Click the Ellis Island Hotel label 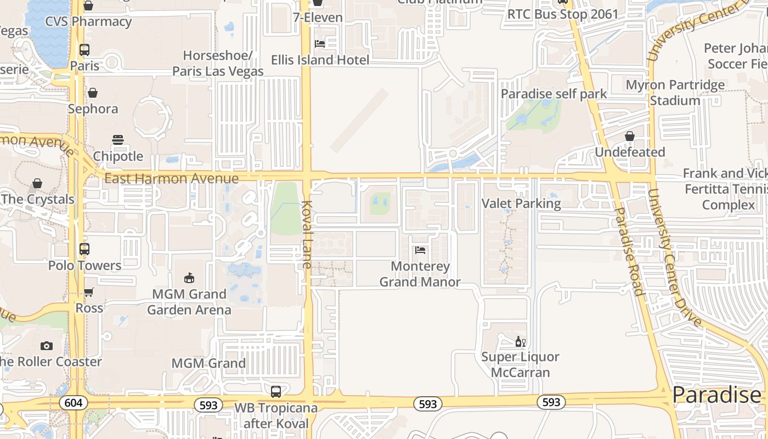click(320, 60)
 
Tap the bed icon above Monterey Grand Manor click(420, 250)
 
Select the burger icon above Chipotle click(118, 140)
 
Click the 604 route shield click(73, 403)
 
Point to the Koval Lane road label click(306, 235)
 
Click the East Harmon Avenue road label click(171, 178)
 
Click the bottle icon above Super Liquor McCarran click(520, 342)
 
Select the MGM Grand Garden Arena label click(189, 302)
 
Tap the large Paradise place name click(716, 395)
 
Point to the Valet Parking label click(521, 204)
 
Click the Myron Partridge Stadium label click(675, 93)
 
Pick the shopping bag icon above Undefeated click(630, 136)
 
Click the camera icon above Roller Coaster click(47, 346)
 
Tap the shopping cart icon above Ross click(89, 292)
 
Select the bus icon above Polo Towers click(84, 249)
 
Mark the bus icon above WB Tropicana click(276, 392)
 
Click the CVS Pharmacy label click(88, 21)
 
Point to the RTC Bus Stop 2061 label click(562, 14)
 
